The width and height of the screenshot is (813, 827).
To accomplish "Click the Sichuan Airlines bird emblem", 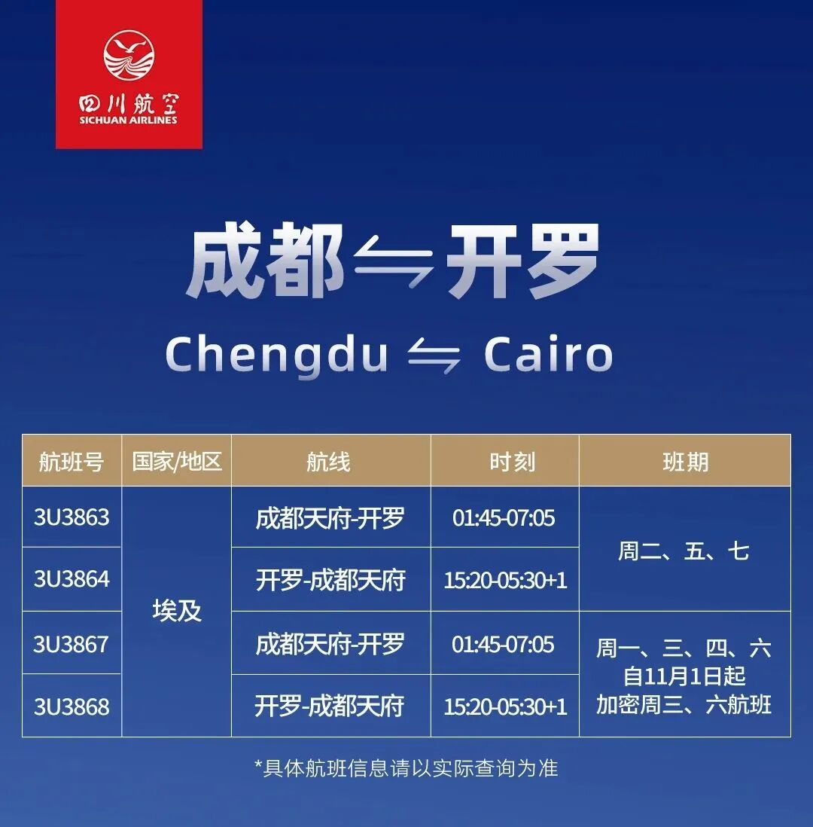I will pyautogui.click(x=129, y=56).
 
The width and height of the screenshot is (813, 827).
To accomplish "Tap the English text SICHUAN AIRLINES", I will pyautogui.click(x=129, y=120).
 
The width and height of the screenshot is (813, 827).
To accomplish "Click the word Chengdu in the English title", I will pyautogui.click(x=276, y=354).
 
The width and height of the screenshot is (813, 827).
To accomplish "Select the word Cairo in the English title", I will pyautogui.click(x=548, y=353).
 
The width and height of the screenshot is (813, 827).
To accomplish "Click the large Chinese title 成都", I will pyautogui.click(x=264, y=261).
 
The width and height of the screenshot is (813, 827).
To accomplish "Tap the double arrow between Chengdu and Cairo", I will pyautogui.click(x=434, y=355).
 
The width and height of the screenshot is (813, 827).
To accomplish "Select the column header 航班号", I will pyautogui.click(x=72, y=461).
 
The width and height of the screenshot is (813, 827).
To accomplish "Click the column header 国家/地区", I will pyautogui.click(x=177, y=461).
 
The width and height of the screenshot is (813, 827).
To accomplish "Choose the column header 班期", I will pyautogui.click(x=685, y=461).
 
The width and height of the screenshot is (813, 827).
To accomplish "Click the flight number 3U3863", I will pyautogui.click(x=72, y=517).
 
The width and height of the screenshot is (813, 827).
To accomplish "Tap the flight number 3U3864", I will pyautogui.click(x=72, y=579).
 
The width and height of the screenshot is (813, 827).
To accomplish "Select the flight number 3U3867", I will pyautogui.click(x=72, y=644).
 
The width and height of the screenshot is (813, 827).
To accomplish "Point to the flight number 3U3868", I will pyautogui.click(x=72, y=706).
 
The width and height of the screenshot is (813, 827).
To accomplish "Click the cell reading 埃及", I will pyautogui.click(x=177, y=611).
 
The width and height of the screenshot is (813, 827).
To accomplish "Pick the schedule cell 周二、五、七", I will pyautogui.click(x=684, y=551).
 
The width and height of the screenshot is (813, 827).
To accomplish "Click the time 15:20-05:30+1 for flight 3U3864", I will pyautogui.click(x=505, y=580).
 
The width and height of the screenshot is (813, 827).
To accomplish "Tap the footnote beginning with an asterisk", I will pyautogui.click(x=406, y=767).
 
